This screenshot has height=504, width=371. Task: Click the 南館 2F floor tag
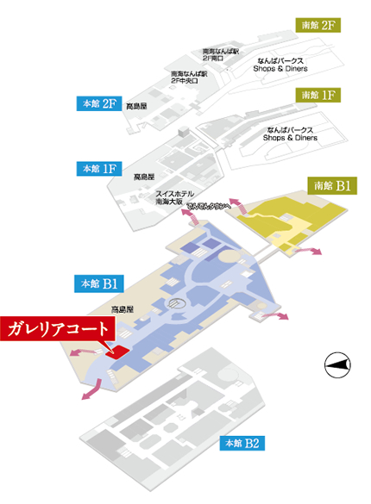click(317, 25)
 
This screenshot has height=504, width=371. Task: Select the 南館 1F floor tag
click(317, 94)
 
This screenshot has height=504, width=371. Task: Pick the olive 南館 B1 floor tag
click(330, 185)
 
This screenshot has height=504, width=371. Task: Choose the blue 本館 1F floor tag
click(97, 169)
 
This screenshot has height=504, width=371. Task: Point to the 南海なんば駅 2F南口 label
click(217, 55)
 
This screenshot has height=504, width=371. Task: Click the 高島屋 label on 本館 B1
click(119, 308)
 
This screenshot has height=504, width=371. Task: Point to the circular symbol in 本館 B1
click(175, 302)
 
